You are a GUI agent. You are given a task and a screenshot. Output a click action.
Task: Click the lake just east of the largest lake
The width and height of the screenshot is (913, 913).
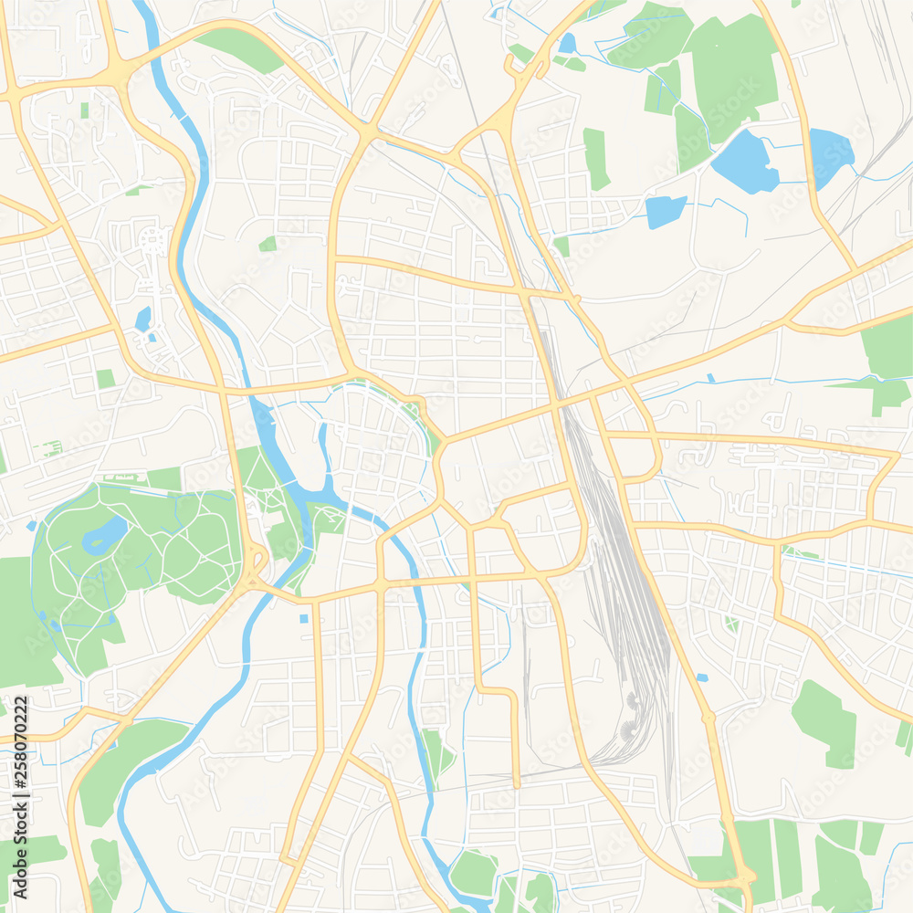830,155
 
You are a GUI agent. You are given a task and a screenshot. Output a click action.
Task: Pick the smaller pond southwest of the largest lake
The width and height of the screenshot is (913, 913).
666,211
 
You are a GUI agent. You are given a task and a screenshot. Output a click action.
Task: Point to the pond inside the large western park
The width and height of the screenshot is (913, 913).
104,536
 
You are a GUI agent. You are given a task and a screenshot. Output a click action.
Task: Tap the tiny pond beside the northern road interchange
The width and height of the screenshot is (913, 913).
567,43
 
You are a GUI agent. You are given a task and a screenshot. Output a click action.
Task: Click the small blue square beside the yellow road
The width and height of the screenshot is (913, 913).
303,619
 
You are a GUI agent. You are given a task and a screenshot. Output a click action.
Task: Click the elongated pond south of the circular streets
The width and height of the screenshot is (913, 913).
143,319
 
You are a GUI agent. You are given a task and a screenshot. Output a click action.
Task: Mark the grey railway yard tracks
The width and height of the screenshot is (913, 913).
621,584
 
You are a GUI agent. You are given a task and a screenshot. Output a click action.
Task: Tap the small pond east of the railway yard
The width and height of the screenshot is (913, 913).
701,677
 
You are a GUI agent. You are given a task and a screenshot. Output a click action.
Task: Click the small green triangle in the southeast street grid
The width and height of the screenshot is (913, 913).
730,624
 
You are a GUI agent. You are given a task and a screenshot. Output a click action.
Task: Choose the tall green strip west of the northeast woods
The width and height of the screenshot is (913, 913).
595,158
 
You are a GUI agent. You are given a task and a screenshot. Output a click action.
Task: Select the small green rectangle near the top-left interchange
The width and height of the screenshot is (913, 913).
85,110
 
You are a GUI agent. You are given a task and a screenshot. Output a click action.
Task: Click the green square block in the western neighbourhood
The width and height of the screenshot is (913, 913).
106,378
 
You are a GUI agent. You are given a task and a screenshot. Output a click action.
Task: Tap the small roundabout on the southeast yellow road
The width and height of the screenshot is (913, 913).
708,718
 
